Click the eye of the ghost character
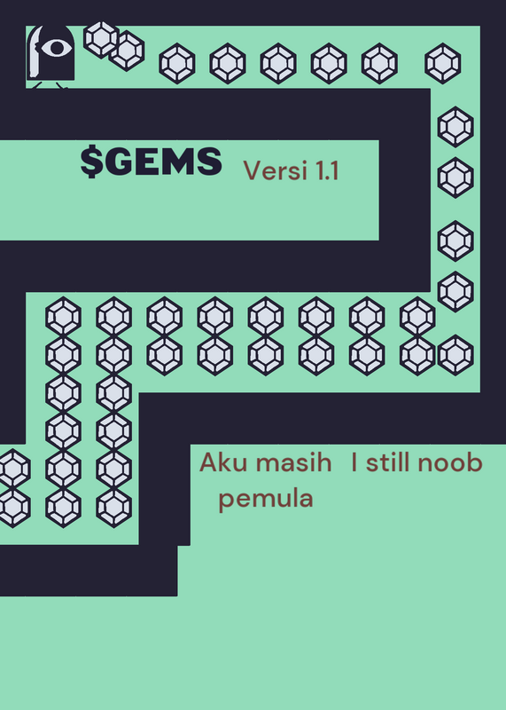point(56,48)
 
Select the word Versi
point(276,170)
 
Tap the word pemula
point(266,500)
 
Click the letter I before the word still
point(354,462)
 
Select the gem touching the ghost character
point(101,39)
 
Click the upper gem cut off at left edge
point(13,469)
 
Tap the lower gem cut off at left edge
point(13,507)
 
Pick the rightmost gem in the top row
point(443,63)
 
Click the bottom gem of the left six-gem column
point(63,507)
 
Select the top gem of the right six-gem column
point(114,317)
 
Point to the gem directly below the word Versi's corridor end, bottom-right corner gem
point(455,355)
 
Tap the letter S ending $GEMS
point(211,162)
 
